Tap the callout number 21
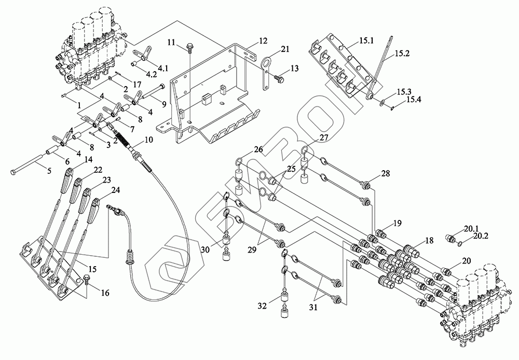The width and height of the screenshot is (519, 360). pyautogui.click(x=284, y=49)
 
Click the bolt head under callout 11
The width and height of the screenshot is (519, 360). pyautogui.click(x=188, y=47)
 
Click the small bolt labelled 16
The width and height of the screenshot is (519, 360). pyautogui.click(x=86, y=280)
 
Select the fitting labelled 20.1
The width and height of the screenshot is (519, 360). pyautogui.click(x=451, y=238)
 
